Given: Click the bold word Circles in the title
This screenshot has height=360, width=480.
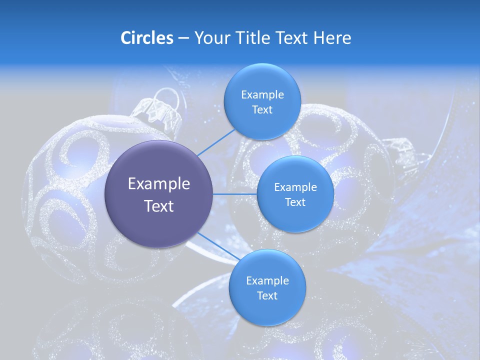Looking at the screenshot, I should tap(146, 38).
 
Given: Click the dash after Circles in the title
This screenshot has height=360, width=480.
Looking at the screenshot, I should tap(183, 38).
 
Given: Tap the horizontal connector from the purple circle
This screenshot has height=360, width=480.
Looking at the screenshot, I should tap(234, 194).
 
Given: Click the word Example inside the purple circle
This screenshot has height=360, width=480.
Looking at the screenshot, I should tap(158, 184).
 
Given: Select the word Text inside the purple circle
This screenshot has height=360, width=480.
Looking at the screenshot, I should tap(158, 206).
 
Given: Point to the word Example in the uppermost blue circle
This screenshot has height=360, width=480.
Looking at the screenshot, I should tap(262, 94).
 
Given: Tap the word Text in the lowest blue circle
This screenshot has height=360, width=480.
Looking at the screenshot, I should tap(267, 295).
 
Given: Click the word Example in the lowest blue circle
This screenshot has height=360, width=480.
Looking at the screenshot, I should tap(267, 280).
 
